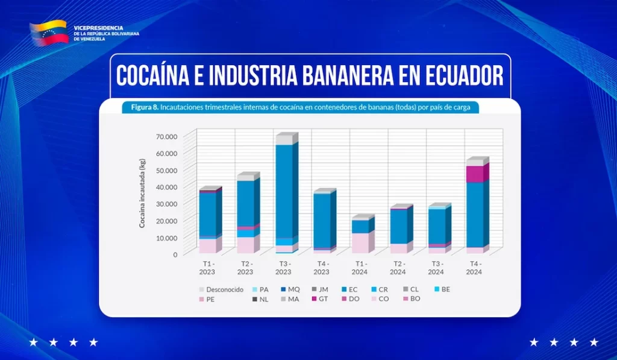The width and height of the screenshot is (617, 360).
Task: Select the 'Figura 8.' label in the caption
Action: coord(140,108)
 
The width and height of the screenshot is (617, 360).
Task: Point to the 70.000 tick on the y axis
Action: coord(166,136)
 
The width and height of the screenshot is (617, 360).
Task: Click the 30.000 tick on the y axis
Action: coord(166,204)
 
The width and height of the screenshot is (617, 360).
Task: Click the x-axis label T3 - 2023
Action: coord(284,268)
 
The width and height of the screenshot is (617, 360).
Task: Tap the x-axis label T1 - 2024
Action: coord(360,268)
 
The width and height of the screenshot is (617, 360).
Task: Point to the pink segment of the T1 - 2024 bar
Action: coord(360,242)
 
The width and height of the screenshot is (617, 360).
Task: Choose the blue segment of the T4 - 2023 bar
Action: coord(322,220)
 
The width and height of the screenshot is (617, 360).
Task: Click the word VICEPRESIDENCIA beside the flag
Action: coord(98,28)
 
